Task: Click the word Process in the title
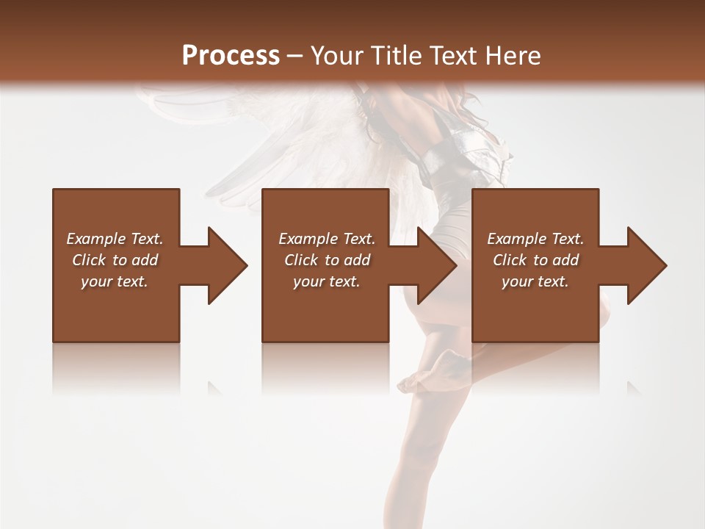pos(231,56)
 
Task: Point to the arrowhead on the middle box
pos(436,265)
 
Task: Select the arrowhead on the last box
pos(646,265)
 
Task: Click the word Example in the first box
pos(96,239)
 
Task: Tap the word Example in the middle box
pos(308,239)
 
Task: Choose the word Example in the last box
pos(517,239)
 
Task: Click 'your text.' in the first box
pos(115,281)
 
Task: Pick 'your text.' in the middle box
pos(327,281)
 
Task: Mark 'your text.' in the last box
pos(535,281)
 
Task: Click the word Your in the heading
pos(333,56)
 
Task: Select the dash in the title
pos(294,56)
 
